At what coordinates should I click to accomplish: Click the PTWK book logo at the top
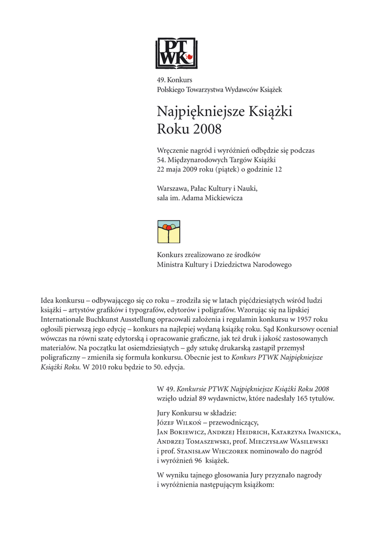176,53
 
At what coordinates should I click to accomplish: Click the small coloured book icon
169,232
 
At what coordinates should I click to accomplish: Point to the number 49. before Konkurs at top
161,80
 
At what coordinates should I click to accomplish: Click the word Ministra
170,264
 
